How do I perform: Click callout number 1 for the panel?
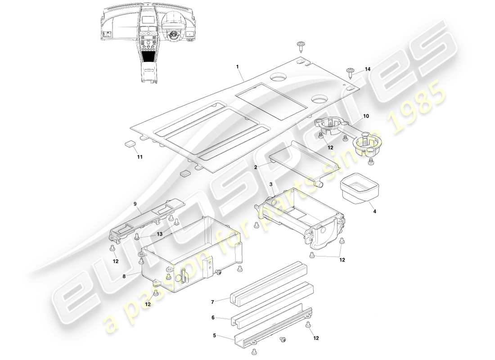[237, 67]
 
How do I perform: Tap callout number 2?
[256, 167]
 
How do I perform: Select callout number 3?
[271, 184]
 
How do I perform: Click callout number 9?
[135, 203]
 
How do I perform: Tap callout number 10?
[366, 116]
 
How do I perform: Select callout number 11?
[139, 157]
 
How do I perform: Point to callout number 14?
[368, 69]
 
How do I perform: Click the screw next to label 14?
[351, 71]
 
